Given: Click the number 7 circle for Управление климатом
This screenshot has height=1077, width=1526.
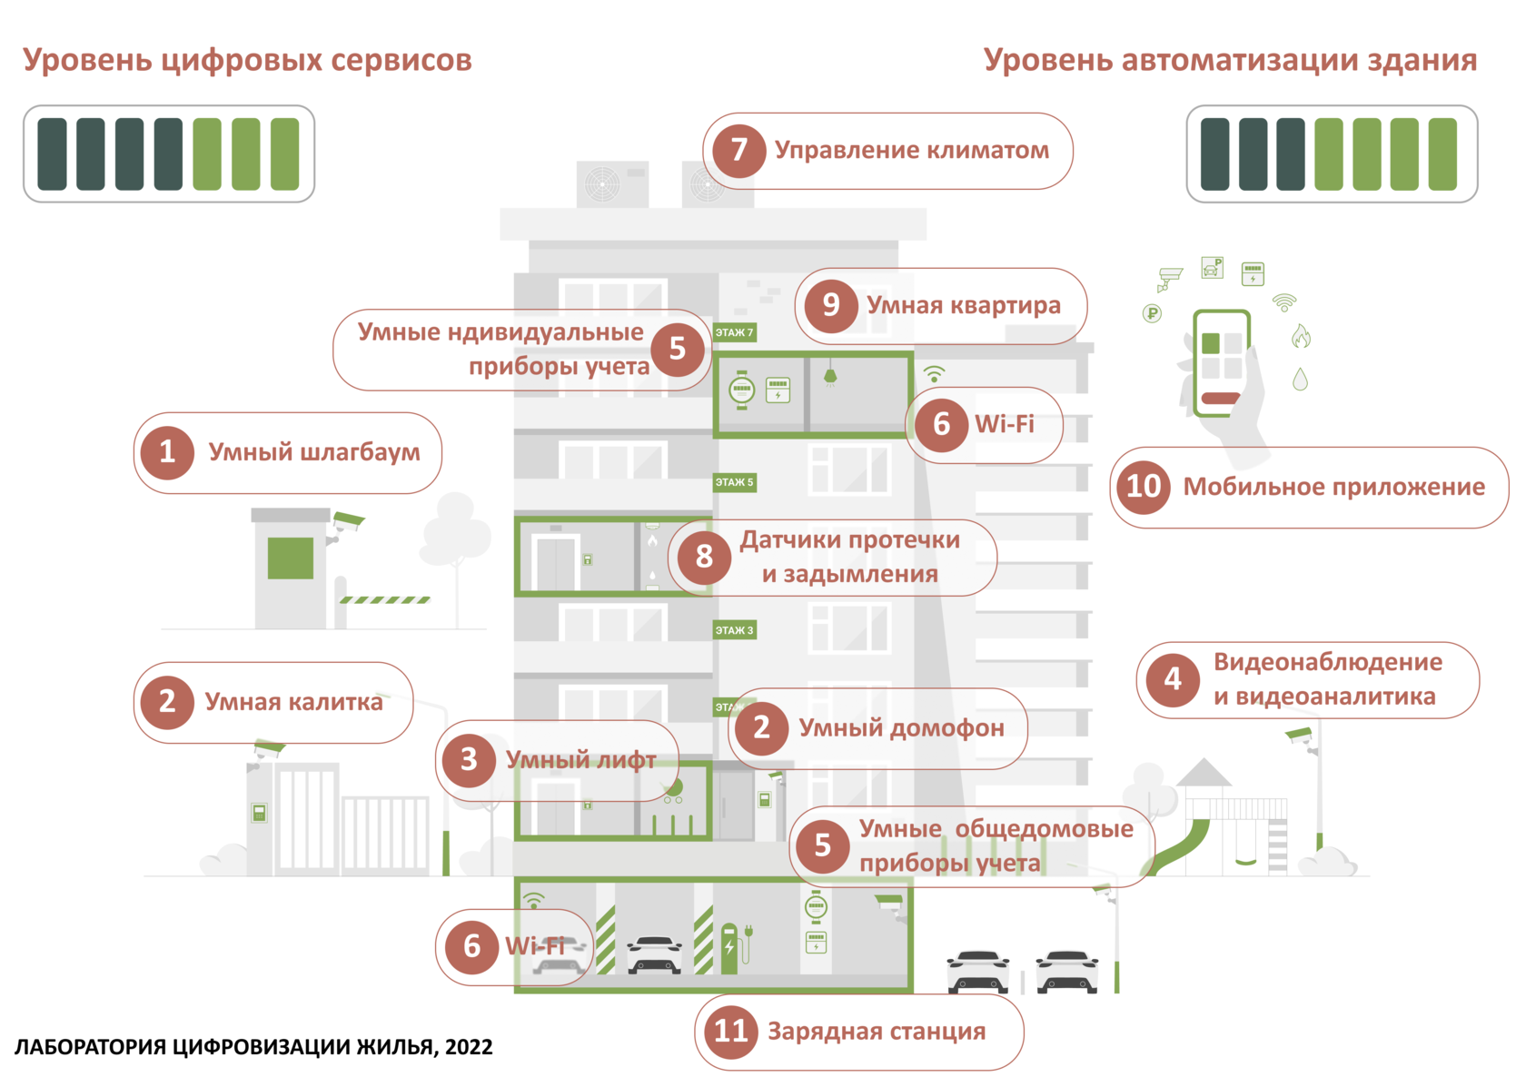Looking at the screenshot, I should [738, 150].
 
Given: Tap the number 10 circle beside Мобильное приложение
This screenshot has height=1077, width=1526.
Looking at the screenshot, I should [1143, 487].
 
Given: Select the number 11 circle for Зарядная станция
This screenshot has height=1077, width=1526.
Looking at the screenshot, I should [730, 1031].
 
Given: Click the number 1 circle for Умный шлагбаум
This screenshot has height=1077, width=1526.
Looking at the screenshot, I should [167, 452].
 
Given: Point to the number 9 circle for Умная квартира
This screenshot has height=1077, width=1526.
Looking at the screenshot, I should [830, 305].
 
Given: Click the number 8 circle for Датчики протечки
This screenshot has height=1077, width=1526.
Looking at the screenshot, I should [703, 556].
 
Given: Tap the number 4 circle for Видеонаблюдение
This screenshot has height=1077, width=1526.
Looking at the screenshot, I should [1173, 679].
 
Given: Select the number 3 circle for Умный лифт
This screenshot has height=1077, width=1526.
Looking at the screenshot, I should [469, 759].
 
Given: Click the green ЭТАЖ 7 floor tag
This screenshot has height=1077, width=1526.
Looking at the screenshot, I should [734, 332].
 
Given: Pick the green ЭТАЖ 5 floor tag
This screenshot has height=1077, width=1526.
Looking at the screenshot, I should [734, 482].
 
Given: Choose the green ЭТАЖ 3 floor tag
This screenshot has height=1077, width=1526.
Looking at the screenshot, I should [734, 630].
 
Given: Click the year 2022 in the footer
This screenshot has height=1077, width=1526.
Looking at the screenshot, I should [469, 1047].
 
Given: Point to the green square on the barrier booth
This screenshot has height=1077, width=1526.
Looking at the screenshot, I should [291, 558].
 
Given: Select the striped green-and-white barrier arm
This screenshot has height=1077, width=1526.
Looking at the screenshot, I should [385, 600].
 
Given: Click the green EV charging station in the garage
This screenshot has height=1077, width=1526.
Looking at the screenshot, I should [728, 949].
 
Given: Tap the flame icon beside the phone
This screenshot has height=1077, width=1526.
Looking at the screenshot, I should [1301, 336].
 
